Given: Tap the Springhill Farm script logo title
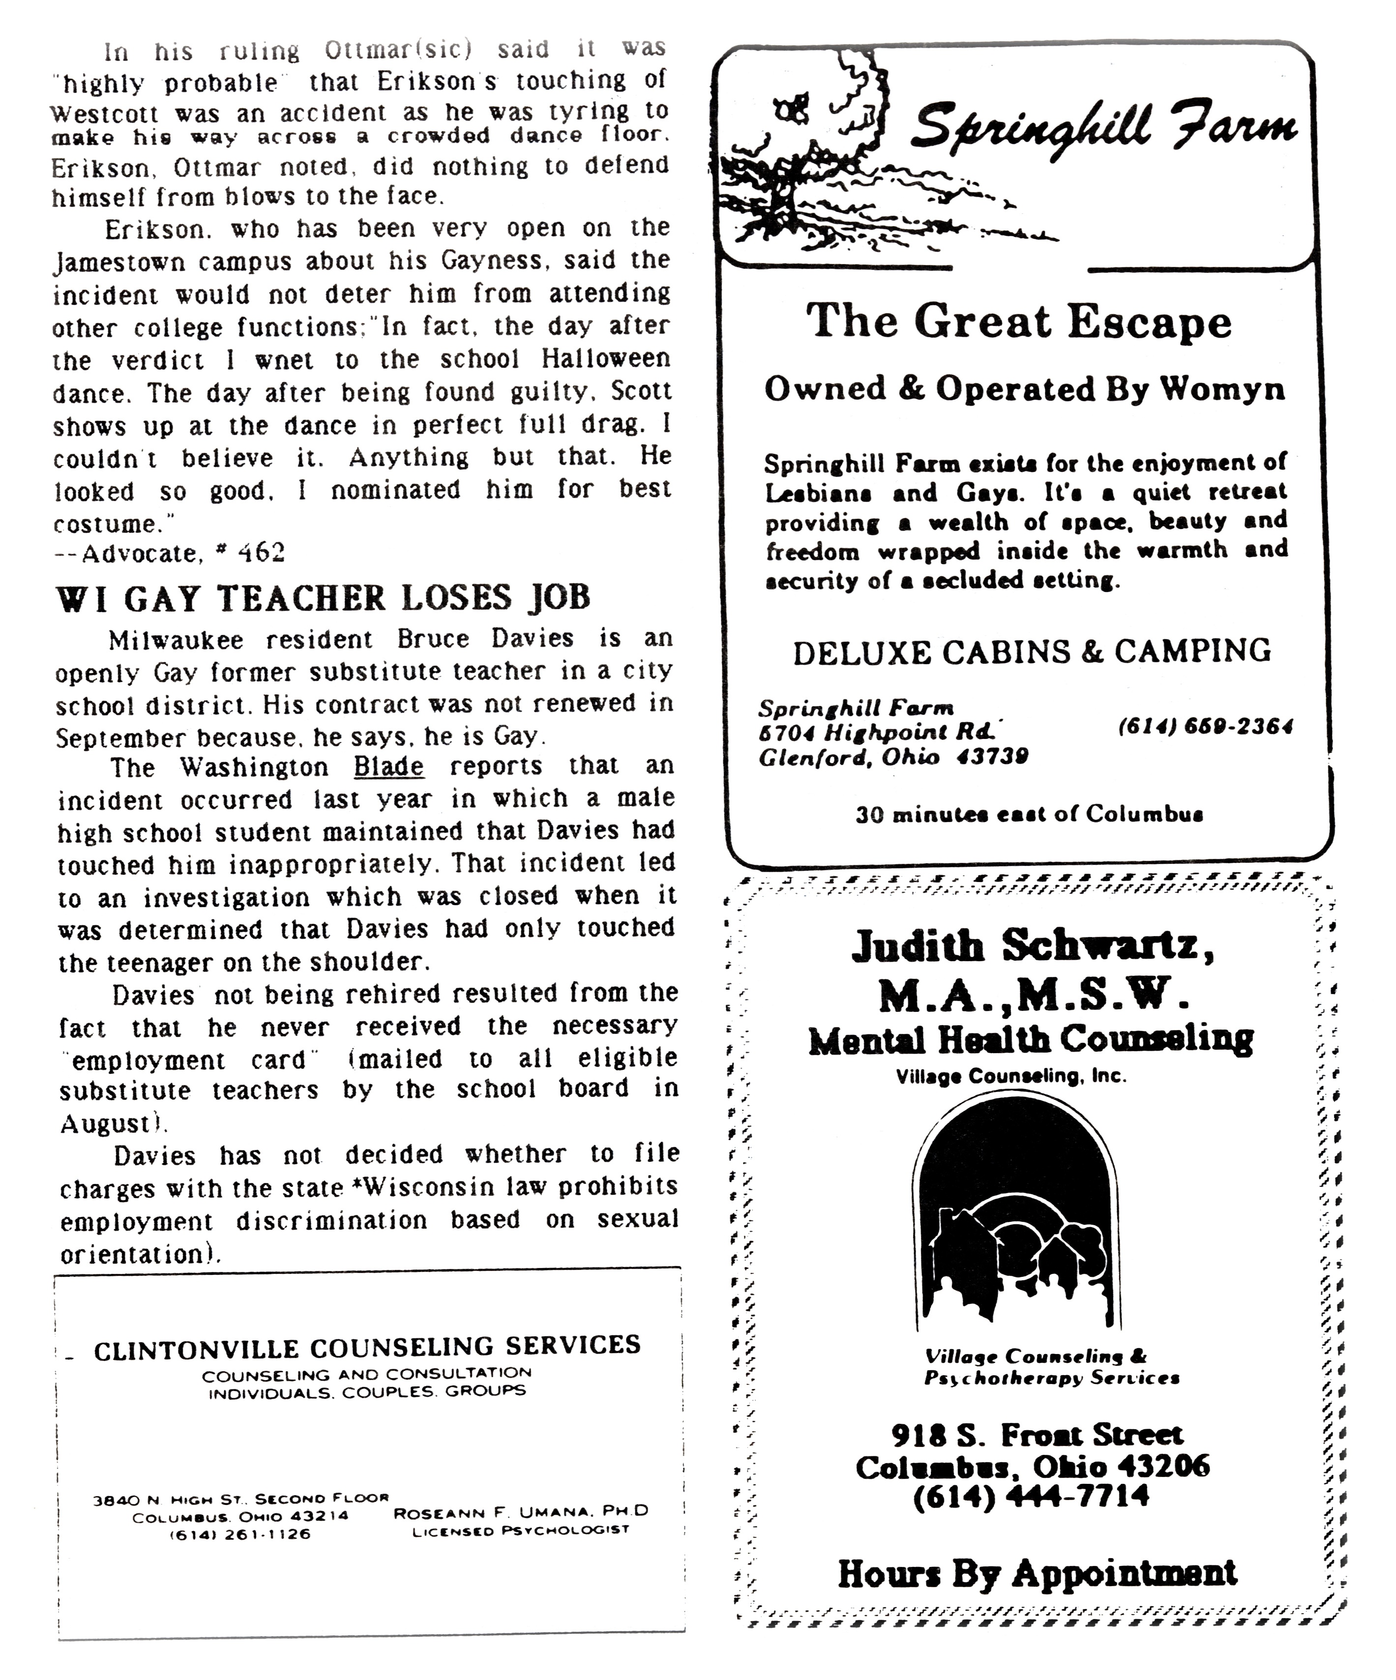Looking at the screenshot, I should (x=1104, y=128).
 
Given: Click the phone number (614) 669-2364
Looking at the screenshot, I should (x=1205, y=726).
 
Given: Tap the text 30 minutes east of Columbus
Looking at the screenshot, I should (x=1029, y=814).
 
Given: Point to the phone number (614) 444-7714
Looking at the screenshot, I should (x=1030, y=1496).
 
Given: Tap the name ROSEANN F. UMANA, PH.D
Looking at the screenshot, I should (x=520, y=1512).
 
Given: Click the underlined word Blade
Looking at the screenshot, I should (x=389, y=766).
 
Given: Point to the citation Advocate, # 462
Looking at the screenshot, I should (x=170, y=552).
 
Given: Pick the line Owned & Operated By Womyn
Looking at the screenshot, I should (x=1024, y=389).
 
